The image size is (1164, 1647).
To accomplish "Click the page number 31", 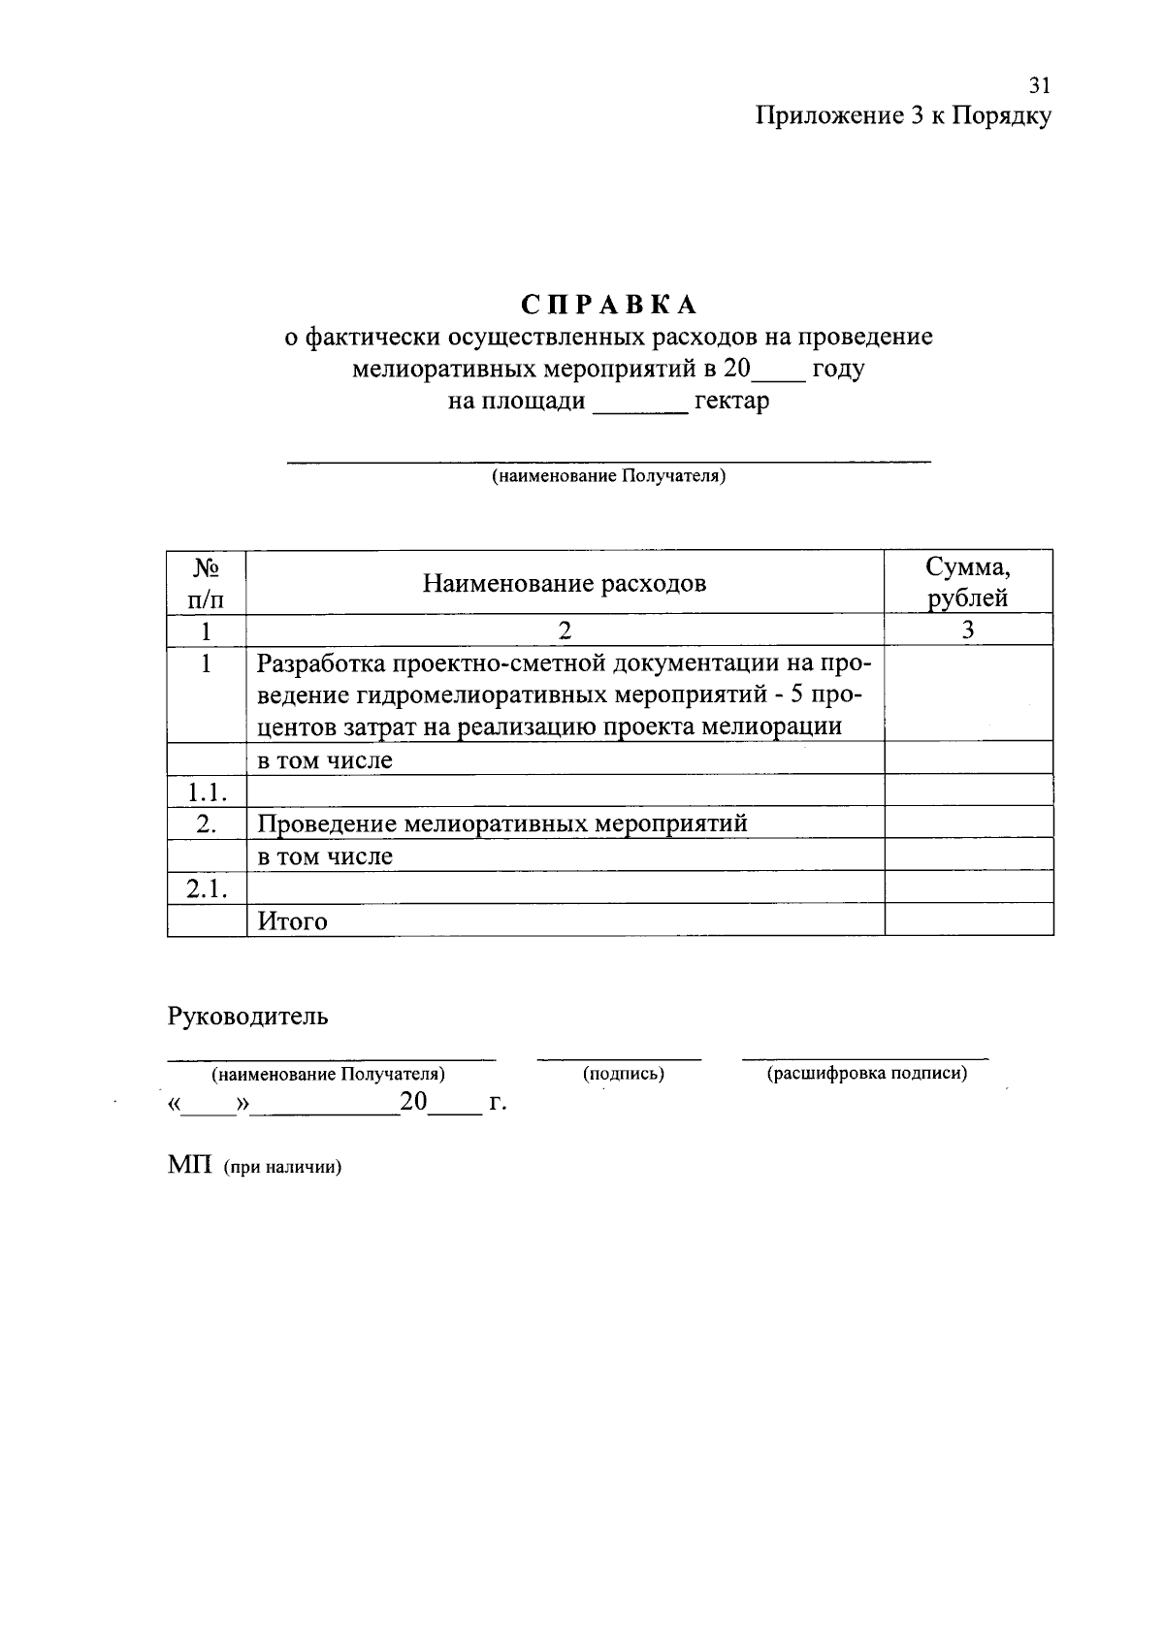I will tap(1040, 85).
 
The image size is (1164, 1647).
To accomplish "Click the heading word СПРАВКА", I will tap(609, 305).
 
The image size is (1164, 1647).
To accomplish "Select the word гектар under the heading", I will tap(732, 401).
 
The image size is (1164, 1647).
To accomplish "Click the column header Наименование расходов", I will tap(564, 583).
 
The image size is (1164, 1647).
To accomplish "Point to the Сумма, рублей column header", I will tap(968, 582).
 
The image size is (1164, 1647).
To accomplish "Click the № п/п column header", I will tap(206, 582).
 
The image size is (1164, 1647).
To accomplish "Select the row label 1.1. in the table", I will tap(207, 791).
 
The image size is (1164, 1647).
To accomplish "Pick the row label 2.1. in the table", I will tap(207, 888).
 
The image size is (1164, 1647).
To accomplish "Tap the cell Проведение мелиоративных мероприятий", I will tap(502, 823).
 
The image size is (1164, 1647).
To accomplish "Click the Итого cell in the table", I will tap(292, 920).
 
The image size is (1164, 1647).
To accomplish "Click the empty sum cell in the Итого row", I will tap(968, 920).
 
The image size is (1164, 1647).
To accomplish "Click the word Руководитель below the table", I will tap(247, 1016).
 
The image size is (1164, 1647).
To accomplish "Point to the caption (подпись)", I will tap(623, 1074).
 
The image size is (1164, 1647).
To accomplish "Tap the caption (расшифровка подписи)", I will tap(867, 1074).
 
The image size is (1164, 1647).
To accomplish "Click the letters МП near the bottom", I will tap(189, 1165).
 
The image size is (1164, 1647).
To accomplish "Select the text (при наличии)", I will tap(283, 1168).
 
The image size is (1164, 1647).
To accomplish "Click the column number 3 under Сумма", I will tap(968, 630).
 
